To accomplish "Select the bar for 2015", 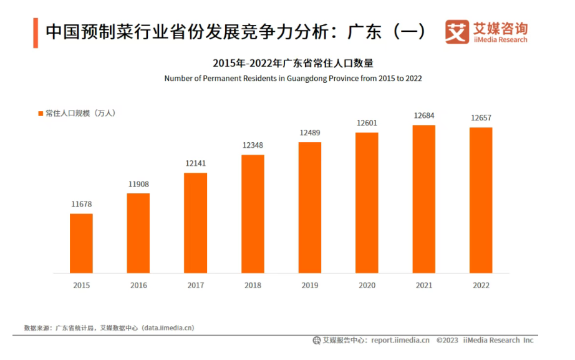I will coord(81,243).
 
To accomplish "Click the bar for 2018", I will coord(253,213).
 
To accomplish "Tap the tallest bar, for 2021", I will coord(424,199).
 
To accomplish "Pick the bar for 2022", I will coord(481,200).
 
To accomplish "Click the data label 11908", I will coord(138,184).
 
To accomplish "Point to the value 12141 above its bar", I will coord(195,163).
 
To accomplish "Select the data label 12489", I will coord(310,133).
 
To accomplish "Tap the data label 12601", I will coord(367,123).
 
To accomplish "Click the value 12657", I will coord(481,118).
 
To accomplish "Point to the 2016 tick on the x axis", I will coord(138,285).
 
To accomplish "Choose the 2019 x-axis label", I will coord(310,285).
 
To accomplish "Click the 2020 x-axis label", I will coord(367,285).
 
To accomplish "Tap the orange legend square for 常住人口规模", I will coord(40,114).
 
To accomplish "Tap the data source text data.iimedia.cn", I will coord(168,328).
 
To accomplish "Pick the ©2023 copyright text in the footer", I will coord(447,340).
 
